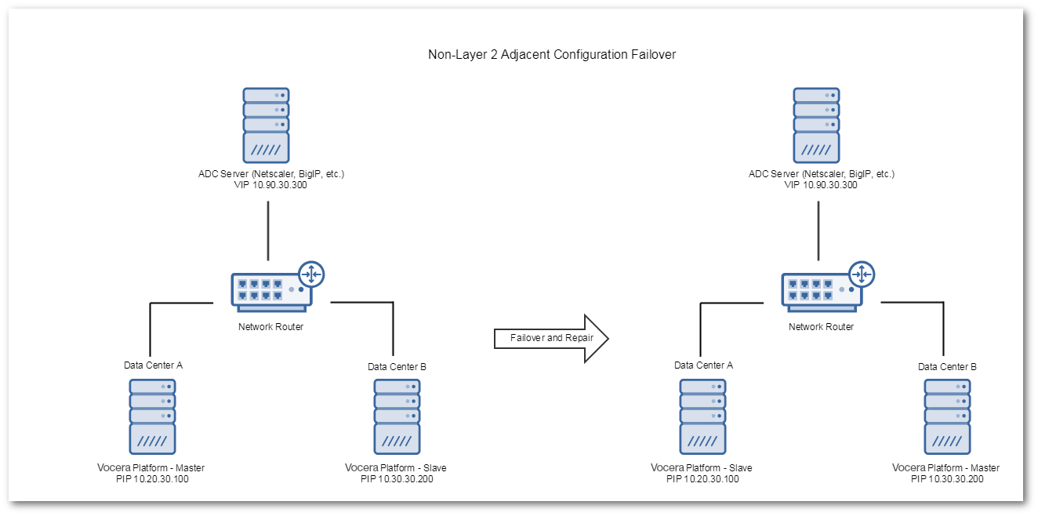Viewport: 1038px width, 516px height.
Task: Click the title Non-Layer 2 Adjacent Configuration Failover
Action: click(551, 55)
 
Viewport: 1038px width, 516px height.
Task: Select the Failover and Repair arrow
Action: click(551, 338)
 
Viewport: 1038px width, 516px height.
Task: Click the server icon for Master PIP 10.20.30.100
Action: click(153, 416)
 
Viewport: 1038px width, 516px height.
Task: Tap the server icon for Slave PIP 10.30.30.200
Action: click(397, 416)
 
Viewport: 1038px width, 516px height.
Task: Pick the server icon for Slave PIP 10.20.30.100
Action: click(702, 416)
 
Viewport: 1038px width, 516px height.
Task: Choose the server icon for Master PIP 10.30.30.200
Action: click(947, 416)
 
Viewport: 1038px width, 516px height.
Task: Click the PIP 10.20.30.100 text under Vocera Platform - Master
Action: click(153, 478)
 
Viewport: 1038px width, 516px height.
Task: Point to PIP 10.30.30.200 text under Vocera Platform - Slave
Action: click(397, 478)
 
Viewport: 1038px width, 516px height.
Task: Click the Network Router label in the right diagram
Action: click(821, 327)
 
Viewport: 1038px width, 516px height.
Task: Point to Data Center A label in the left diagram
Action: click(153, 365)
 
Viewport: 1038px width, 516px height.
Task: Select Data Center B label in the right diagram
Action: click(947, 366)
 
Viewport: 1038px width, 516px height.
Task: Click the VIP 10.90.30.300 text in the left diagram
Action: click(270, 185)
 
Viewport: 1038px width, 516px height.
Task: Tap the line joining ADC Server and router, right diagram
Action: click(819, 231)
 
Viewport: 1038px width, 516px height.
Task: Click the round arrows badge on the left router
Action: click(311, 274)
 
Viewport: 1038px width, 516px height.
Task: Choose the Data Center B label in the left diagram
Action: click(397, 366)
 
